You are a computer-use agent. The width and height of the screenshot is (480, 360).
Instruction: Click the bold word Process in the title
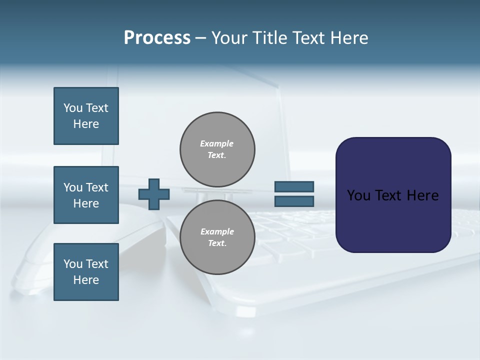pos(157,38)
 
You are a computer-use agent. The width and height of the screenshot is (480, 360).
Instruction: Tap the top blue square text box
pos(86,116)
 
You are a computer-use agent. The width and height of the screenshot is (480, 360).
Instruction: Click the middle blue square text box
pos(86,195)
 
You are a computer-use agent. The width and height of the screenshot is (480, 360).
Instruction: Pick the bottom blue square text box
pos(86,272)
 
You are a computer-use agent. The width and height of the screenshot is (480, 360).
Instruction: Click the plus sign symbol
pos(154,194)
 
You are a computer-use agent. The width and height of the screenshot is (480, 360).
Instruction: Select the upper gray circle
pos(217,149)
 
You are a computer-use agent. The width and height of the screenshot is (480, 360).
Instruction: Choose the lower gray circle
pos(217,237)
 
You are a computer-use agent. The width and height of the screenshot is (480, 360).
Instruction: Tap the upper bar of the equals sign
pos(294,187)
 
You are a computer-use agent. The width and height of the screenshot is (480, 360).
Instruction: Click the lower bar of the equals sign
pos(294,201)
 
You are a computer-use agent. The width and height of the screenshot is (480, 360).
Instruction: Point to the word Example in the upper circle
pos(217,143)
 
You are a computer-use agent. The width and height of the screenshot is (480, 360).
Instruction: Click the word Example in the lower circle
pos(217,231)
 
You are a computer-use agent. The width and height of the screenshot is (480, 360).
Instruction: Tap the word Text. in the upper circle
pos(217,155)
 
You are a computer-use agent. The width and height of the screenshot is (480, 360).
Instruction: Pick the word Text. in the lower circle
pos(217,243)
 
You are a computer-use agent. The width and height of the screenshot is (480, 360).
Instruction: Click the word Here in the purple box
pos(422,195)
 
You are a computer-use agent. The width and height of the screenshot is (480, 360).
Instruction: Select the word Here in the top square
pos(86,124)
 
